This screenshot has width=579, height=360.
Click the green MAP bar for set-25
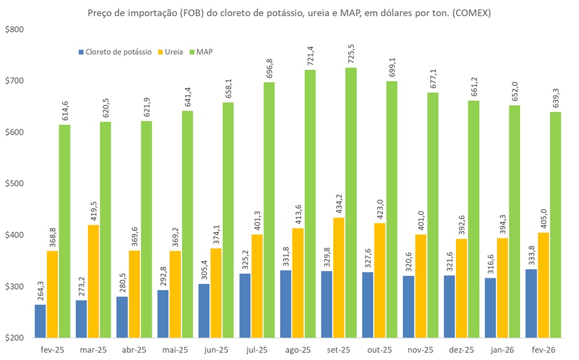click(350, 203)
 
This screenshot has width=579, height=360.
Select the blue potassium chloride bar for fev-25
click(40, 321)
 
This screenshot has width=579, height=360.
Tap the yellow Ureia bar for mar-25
click(93, 281)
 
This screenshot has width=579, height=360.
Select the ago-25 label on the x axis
click(298, 349)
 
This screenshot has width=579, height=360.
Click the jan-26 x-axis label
click(502, 349)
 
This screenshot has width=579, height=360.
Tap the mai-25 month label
click(175, 349)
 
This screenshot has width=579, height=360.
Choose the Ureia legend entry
click(174, 52)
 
